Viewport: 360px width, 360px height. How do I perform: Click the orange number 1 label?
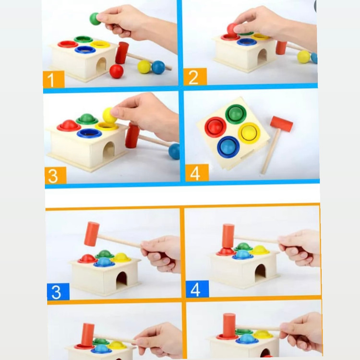[54, 79]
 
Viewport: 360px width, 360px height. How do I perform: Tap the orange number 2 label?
[195, 77]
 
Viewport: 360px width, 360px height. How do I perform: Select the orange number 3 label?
[56, 175]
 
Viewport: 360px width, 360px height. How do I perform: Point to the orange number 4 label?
[197, 173]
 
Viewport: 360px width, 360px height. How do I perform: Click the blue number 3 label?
[58, 291]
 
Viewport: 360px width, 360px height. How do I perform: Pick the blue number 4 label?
[197, 289]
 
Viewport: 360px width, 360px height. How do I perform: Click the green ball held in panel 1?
[95, 19]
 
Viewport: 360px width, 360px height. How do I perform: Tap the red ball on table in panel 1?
[117, 71]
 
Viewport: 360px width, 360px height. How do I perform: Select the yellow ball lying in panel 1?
[144, 67]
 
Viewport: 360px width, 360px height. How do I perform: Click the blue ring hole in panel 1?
[85, 49]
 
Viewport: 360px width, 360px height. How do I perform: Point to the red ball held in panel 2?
[232, 29]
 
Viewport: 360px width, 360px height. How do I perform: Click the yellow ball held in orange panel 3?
[109, 115]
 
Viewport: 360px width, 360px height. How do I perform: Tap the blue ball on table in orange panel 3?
[174, 151]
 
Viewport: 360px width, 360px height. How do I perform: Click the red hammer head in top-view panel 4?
[281, 124]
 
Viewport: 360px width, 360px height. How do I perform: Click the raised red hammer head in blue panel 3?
[92, 234]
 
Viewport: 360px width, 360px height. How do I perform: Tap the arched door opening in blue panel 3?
[121, 280]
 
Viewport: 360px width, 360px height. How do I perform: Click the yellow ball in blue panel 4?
[260, 250]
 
